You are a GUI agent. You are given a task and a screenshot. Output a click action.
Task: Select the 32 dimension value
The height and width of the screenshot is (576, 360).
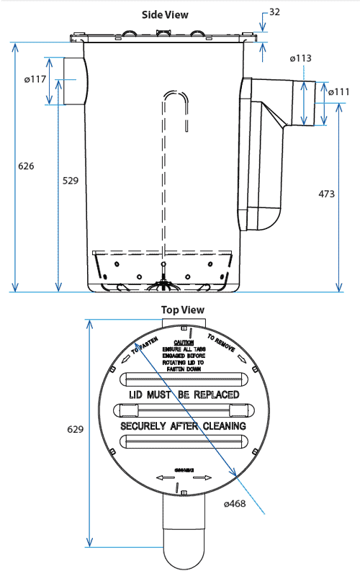(275, 12)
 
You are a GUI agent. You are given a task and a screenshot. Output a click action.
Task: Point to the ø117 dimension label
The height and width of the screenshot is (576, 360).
(35, 79)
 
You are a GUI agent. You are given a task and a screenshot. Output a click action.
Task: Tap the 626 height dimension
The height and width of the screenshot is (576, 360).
(25, 166)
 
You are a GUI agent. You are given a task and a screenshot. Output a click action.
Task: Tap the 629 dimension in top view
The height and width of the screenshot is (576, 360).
(75, 429)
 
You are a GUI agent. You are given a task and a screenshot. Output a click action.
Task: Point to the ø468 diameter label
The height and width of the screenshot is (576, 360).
(235, 503)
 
